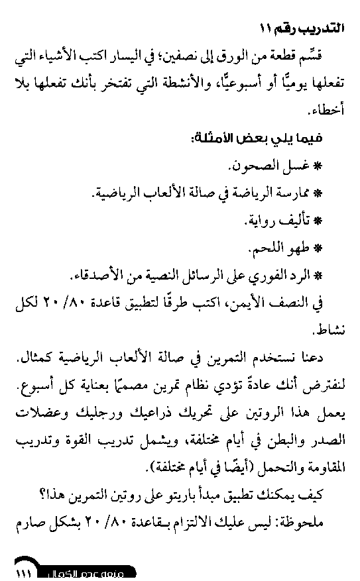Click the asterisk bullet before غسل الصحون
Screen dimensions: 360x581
click(x=318, y=166)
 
